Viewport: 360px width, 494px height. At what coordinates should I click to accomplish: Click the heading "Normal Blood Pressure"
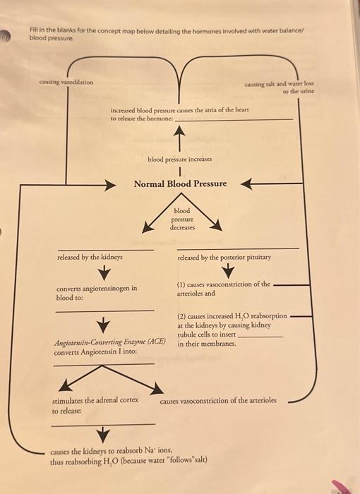180,183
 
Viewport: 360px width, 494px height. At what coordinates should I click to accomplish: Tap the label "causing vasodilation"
66,82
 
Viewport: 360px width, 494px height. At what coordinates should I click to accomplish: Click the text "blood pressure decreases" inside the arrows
182,219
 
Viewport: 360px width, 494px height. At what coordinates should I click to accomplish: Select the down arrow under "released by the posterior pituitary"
234,272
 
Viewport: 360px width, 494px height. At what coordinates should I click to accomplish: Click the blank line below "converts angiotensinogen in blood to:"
104,310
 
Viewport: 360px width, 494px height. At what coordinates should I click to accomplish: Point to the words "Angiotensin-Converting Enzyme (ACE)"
109,342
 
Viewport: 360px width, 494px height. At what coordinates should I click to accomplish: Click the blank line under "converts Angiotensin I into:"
104,364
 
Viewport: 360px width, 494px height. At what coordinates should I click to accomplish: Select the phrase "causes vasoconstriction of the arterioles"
218,400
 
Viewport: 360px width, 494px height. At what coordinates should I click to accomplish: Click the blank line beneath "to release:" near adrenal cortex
104,424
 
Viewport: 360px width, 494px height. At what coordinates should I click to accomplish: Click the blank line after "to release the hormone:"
233,120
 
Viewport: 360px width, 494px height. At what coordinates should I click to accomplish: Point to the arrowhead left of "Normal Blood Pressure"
110,184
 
